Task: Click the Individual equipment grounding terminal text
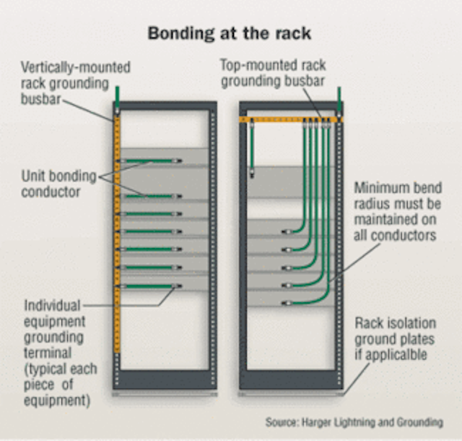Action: pos(57,337)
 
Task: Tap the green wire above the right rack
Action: pos(339,98)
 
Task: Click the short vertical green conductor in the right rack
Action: pos(252,145)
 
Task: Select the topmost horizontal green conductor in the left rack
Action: pos(152,160)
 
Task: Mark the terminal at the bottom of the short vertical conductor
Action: pos(252,173)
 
